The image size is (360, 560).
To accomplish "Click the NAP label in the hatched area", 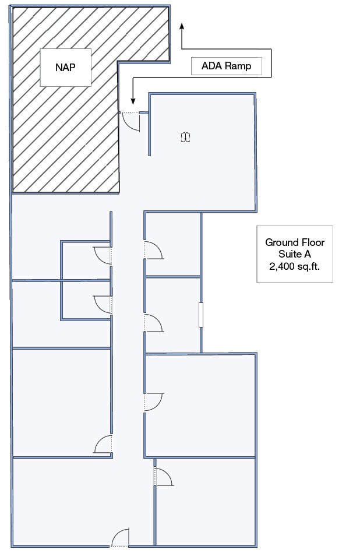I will point(65,67).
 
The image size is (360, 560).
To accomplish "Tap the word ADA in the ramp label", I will point(211,66).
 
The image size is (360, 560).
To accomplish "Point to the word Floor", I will point(312,242).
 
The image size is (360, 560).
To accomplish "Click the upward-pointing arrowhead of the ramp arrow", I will point(182,26).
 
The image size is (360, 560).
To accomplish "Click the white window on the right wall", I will point(200,315).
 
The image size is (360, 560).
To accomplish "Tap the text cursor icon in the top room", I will point(186,137).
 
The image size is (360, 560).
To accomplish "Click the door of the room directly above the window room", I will point(154,249).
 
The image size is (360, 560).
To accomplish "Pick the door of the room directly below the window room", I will point(154,401).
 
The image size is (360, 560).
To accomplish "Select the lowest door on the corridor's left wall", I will point(104,445).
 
